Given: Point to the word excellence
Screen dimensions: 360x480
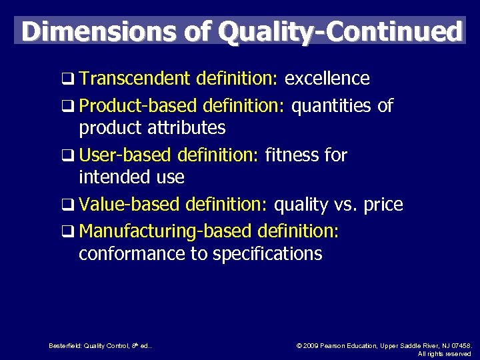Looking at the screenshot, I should (x=327, y=79).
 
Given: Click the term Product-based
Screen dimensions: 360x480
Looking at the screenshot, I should (x=138, y=106).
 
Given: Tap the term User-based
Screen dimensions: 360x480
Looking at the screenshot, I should (x=125, y=155).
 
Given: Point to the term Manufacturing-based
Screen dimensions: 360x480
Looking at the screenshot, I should (x=165, y=232).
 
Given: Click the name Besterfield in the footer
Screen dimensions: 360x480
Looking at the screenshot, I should (x=64, y=345).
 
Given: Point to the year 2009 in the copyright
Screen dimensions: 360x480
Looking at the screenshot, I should (x=309, y=345).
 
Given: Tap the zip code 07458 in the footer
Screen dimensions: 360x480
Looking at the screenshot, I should (x=459, y=345).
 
